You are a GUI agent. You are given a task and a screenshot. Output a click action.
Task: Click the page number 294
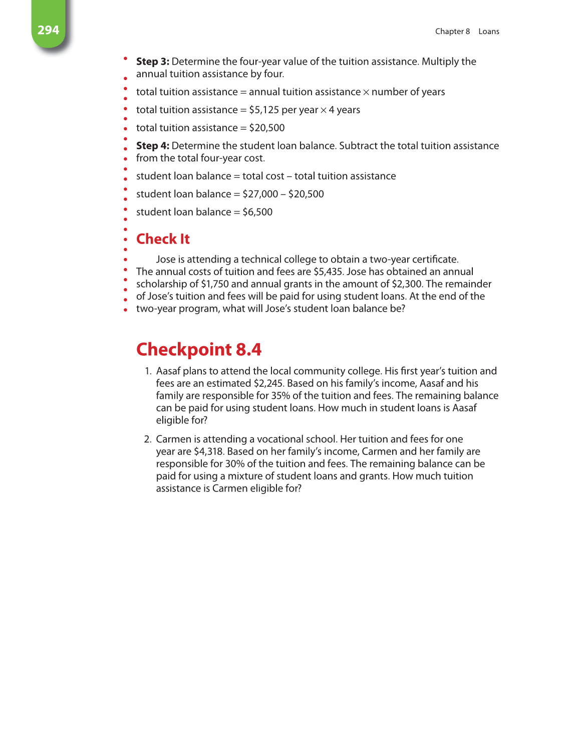point(48,30)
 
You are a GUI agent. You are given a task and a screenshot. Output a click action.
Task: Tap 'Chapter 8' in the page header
point(452,32)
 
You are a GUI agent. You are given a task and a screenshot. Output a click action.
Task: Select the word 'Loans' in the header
point(488,32)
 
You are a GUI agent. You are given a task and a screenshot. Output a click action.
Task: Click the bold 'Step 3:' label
point(152,62)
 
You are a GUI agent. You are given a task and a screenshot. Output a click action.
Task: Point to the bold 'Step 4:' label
point(152,146)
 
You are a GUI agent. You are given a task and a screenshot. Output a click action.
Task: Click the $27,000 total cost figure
point(260,194)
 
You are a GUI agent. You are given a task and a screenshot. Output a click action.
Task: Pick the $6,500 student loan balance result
point(257,212)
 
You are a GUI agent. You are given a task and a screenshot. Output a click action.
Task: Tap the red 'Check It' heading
point(163,239)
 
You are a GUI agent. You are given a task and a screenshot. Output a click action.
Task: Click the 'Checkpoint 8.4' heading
point(199,349)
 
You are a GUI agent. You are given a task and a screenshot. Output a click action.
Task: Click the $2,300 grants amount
point(407,284)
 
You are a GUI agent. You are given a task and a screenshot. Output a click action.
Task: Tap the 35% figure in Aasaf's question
point(280,396)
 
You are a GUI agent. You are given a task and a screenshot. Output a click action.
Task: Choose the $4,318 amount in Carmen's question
point(208,452)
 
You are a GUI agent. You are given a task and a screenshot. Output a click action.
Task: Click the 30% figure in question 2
point(234,464)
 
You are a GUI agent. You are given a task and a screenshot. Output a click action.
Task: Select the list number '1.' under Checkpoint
point(148,371)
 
